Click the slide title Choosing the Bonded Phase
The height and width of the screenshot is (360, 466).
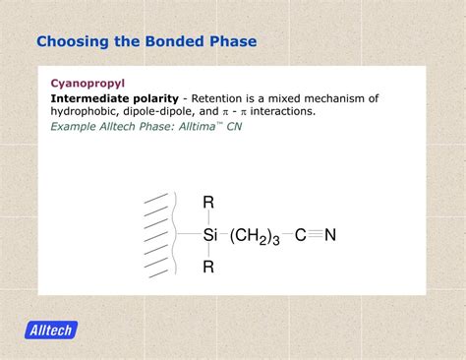click(146, 41)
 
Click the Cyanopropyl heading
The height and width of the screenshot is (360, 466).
click(87, 84)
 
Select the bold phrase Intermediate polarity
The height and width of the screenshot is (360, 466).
click(114, 98)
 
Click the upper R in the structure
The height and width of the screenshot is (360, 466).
click(208, 203)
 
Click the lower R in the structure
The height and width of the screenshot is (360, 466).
click(208, 267)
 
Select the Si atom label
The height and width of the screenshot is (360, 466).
click(209, 235)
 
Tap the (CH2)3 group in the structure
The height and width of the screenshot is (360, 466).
click(255, 236)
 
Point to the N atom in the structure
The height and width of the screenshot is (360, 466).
click(330, 235)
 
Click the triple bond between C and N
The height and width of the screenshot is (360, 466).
click(315, 235)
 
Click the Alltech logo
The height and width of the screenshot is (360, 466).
click(52, 330)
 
